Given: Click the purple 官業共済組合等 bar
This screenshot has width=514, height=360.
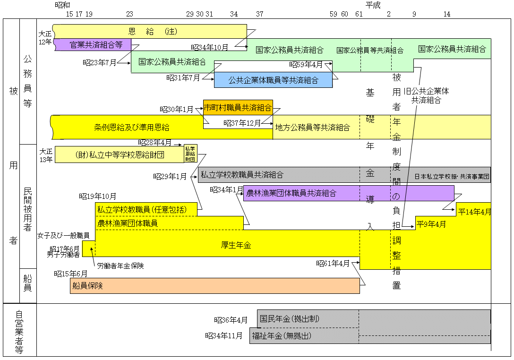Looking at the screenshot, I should [96, 45].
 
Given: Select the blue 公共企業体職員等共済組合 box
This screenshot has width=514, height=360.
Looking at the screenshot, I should [273, 80].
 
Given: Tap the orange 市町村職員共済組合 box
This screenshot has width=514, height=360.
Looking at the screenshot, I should [238, 108].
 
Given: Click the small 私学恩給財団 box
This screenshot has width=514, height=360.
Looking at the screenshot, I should [190, 154].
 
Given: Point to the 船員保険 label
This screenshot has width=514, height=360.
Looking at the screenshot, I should [88, 286].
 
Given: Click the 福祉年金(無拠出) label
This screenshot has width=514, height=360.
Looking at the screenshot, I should [282, 336].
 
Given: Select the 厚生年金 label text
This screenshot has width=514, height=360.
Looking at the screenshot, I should [236, 245].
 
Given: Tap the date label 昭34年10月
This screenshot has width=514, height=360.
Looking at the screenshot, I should [210, 47].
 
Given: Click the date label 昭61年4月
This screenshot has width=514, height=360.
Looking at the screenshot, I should [333, 263].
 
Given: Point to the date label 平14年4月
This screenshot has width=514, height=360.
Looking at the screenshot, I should [474, 212].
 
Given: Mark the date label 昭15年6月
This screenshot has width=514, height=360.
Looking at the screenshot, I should [71, 274].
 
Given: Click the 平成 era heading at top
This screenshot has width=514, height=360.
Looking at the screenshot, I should [373, 5].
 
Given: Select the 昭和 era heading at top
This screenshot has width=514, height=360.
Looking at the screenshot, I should [62, 5].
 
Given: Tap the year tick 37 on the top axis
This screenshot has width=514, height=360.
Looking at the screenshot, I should [259, 14].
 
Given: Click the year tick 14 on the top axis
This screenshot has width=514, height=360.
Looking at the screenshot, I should [446, 14].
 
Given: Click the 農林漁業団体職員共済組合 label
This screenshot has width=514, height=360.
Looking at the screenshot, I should [291, 193].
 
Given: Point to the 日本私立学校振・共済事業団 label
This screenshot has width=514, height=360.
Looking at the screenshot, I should [452, 177].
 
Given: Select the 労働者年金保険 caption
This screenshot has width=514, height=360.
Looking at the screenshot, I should [120, 266].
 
